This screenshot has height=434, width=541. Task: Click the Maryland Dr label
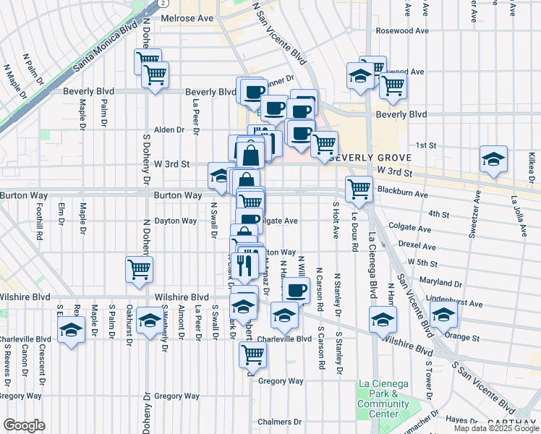(435, 283)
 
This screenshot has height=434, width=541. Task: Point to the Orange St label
(463, 337)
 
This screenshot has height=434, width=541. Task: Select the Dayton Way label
(176, 221)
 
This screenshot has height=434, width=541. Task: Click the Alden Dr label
(169, 130)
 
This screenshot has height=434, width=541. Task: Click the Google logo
(24, 425)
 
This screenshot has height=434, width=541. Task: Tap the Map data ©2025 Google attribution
(495, 428)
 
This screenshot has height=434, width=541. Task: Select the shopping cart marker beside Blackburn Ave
(359, 188)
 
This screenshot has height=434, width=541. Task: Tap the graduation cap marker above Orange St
(443, 315)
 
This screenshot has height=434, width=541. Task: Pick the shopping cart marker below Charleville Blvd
(252, 354)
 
